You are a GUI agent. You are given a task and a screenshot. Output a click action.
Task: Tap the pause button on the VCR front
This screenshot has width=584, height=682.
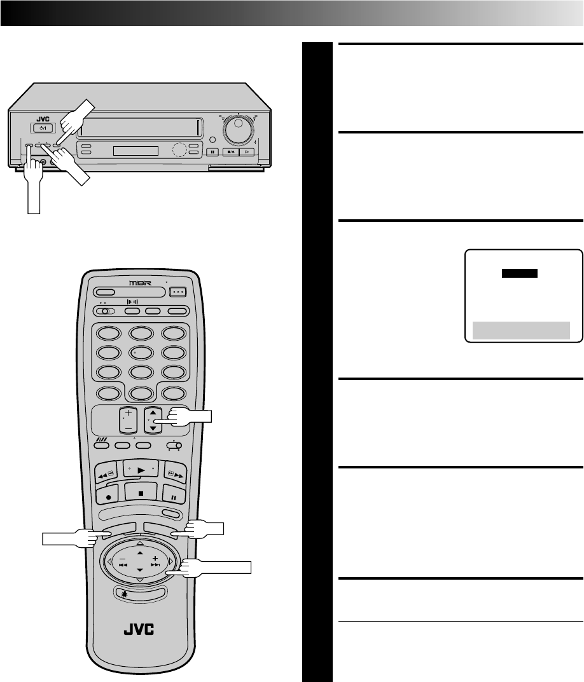[x=212, y=152]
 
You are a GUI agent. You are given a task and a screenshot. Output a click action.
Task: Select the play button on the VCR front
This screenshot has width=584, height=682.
[x=247, y=152]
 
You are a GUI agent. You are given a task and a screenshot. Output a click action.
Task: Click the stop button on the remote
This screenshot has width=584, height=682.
[x=139, y=491]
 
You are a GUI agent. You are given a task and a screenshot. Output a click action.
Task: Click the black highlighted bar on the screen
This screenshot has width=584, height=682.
[x=520, y=273]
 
